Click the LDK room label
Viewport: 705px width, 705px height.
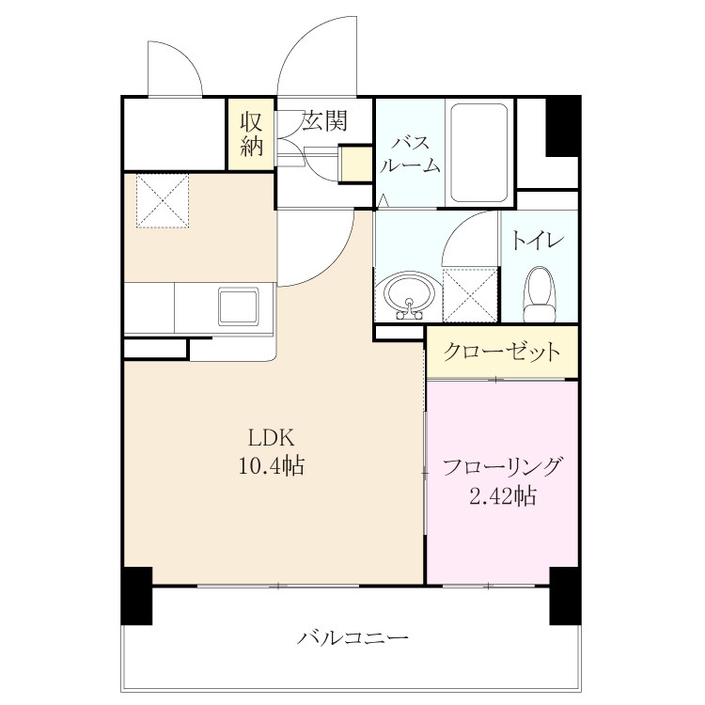(272, 437)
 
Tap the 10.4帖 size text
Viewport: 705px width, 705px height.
(271, 466)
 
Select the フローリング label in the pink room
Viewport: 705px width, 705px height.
(502, 466)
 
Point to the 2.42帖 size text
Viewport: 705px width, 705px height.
(503, 496)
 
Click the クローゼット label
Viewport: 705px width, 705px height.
(502, 352)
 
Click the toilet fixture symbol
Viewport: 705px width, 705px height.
(540, 294)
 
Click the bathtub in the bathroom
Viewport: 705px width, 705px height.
(479, 153)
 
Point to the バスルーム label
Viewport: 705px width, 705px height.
(410, 155)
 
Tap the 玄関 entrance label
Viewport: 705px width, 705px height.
(324, 120)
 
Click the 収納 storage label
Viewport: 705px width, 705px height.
(251, 133)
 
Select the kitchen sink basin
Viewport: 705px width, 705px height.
(239, 306)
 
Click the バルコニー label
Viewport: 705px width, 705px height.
(352, 637)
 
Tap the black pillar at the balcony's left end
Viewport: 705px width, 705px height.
(137, 596)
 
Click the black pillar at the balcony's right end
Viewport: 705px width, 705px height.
(565, 596)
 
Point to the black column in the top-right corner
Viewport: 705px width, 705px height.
(562, 126)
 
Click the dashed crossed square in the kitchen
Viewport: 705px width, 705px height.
(163, 201)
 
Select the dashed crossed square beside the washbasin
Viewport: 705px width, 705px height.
(470, 294)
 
